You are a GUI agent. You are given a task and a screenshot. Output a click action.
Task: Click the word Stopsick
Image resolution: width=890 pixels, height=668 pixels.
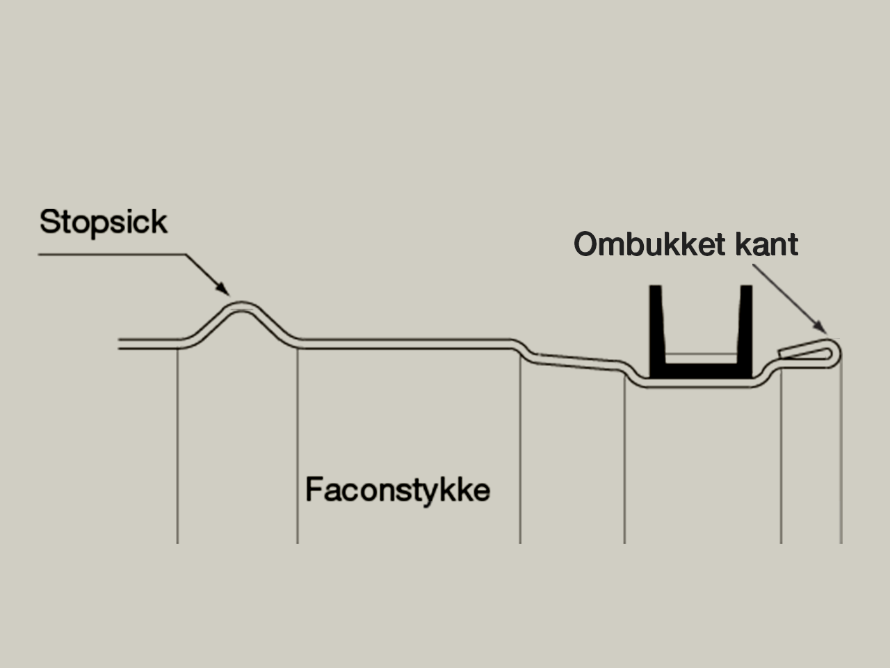(x=103, y=222)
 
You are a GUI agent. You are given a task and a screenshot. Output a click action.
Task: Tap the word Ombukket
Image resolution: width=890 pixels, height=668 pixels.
(x=651, y=244)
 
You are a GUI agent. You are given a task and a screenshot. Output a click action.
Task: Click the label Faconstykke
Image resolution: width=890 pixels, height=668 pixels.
(x=397, y=490)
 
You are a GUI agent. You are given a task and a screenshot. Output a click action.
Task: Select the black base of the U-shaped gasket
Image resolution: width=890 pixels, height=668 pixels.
(x=700, y=372)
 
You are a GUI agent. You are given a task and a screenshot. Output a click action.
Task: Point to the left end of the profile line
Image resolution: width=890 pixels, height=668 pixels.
(x=121, y=343)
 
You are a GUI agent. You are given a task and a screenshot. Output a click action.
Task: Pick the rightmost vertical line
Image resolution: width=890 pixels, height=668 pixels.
(x=841, y=452)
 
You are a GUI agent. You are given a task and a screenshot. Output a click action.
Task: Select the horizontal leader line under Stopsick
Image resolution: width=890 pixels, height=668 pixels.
(x=111, y=255)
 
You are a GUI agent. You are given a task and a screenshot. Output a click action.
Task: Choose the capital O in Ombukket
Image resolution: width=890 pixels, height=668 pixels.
(x=587, y=244)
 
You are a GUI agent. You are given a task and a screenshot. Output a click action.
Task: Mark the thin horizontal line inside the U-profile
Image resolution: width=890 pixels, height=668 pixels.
(x=700, y=354)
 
